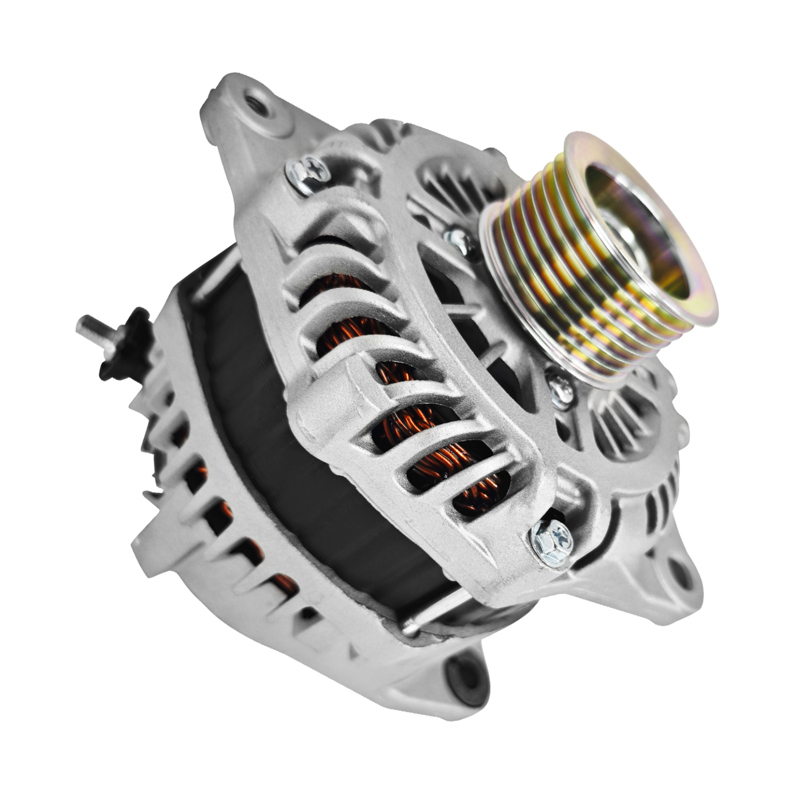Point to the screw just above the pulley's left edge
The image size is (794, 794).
point(457,237)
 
